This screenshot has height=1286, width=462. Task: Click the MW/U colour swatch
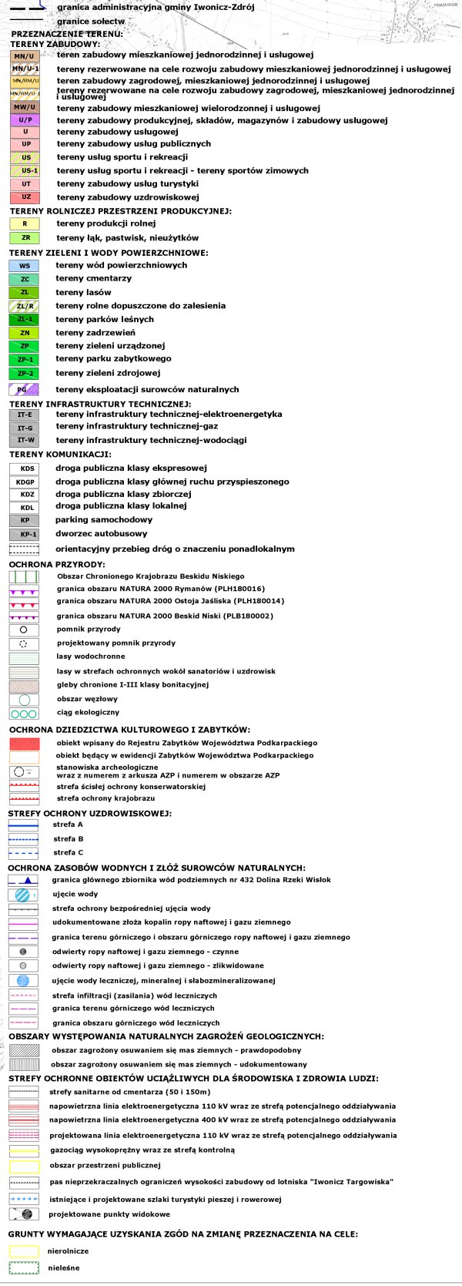tap(25, 108)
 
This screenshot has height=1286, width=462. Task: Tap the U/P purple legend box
tap(25, 120)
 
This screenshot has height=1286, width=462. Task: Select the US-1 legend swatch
tap(25, 171)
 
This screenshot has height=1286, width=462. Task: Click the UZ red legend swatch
tap(25, 197)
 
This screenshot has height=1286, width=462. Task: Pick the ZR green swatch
tap(25, 238)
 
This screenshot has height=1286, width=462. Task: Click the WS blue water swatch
tap(25, 266)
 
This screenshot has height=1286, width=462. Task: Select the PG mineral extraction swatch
tap(23, 390)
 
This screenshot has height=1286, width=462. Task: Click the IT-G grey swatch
tap(25, 428)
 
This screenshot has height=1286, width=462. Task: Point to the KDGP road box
tap(25, 482)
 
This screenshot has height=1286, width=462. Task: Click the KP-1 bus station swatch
tap(25, 534)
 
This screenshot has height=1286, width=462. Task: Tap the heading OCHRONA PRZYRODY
tap(57, 565)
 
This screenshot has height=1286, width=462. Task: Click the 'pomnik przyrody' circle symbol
tap(23, 630)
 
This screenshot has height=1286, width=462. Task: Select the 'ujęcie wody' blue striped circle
tap(23, 895)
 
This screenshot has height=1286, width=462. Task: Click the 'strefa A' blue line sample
tap(23, 825)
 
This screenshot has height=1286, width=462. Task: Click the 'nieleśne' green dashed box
tap(23, 1268)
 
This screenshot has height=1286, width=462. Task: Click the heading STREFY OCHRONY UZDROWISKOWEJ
tap(89, 814)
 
